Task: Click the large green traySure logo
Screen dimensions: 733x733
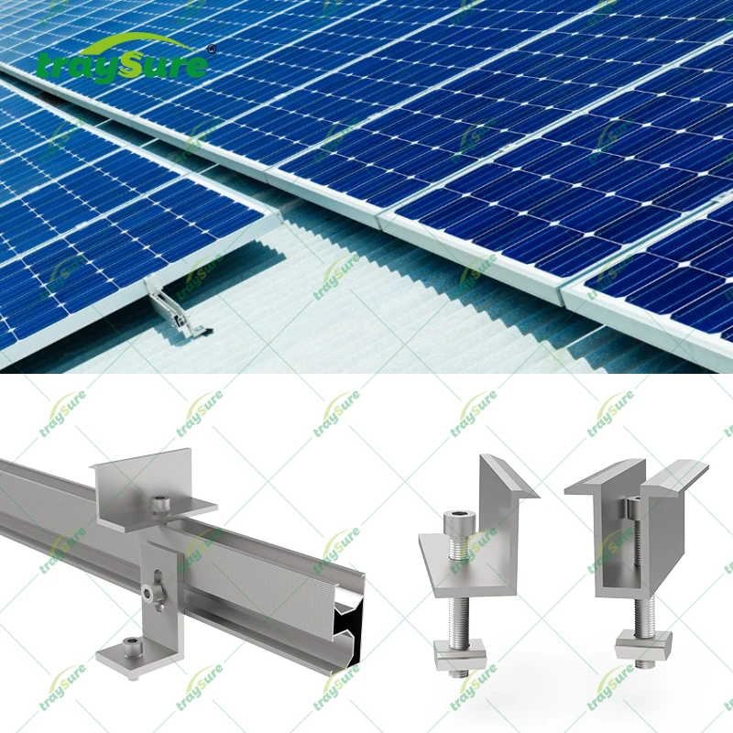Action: tap(124, 61)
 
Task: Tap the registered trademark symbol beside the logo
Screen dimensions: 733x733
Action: tap(212, 49)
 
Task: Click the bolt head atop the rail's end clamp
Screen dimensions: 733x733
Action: tap(162, 501)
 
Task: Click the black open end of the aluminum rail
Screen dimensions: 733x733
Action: tap(353, 632)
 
